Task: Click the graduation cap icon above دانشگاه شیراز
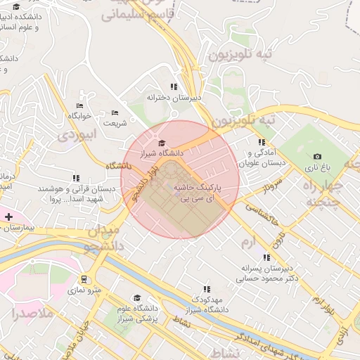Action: click(x=161, y=143)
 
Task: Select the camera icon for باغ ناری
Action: click(x=317, y=157)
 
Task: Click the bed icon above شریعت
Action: click(x=115, y=112)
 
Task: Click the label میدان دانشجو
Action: click(x=107, y=239)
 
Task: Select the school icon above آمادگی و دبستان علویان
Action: click(x=262, y=143)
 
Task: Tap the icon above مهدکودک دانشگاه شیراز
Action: click(x=207, y=288)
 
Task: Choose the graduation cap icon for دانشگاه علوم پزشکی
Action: click(x=137, y=298)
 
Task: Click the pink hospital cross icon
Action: click(x=8, y=217)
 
